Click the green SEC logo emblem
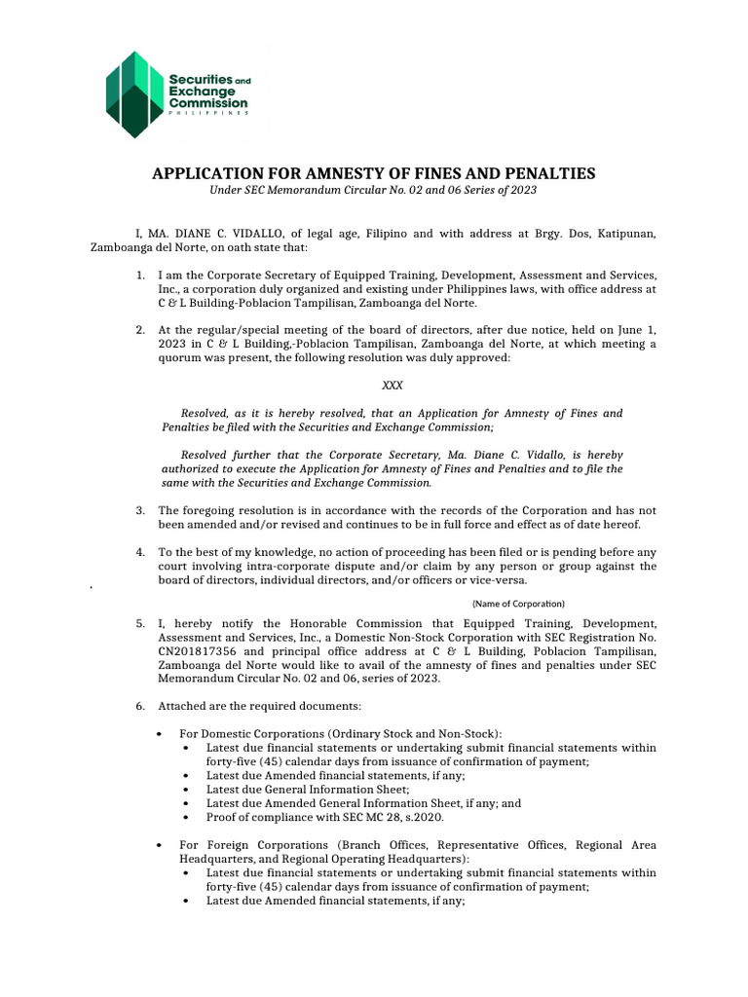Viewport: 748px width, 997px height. (x=133, y=94)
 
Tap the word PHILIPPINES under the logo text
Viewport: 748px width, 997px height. (x=209, y=113)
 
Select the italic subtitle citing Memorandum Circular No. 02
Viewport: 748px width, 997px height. (x=373, y=192)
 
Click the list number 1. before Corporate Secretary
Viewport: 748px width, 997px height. (x=141, y=276)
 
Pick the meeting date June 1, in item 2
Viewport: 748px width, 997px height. (x=635, y=330)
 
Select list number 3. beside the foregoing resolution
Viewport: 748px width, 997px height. (x=141, y=510)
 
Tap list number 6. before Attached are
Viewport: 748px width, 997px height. (x=141, y=704)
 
